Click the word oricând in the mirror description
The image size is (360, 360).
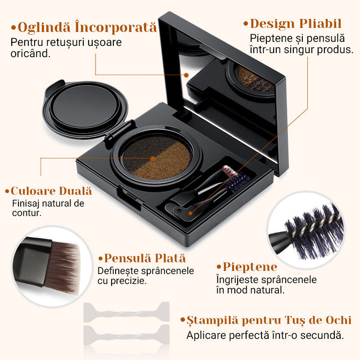pos(30,54)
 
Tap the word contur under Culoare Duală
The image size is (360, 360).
pos(27,213)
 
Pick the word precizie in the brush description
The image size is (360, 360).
pos(128,281)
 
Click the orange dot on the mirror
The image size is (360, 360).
pos(186,75)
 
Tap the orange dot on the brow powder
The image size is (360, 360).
pos(153,159)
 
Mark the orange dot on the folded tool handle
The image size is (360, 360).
pos(190,213)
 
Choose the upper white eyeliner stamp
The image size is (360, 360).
pos(126,312)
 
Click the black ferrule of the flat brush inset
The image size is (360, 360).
pos(32,262)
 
